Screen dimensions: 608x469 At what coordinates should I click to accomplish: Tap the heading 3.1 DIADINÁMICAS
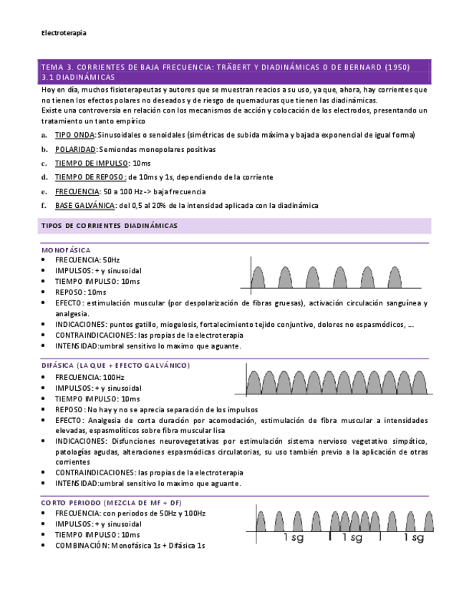coord(77,77)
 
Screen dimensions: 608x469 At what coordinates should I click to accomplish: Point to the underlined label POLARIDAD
coord(75,149)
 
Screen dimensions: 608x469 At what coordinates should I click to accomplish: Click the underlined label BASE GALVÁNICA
coord(84,206)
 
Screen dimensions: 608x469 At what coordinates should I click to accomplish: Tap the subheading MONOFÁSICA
coord(66,249)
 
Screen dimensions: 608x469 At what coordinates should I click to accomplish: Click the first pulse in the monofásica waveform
coord(259,277)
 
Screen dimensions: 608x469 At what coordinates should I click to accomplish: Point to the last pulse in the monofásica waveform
coord(395,277)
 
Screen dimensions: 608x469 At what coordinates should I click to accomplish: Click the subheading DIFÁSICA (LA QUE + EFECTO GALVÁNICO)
coord(115,366)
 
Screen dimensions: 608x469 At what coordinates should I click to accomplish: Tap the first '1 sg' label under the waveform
coord(294,536)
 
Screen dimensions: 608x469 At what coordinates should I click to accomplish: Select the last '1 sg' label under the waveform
coord(414,536)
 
